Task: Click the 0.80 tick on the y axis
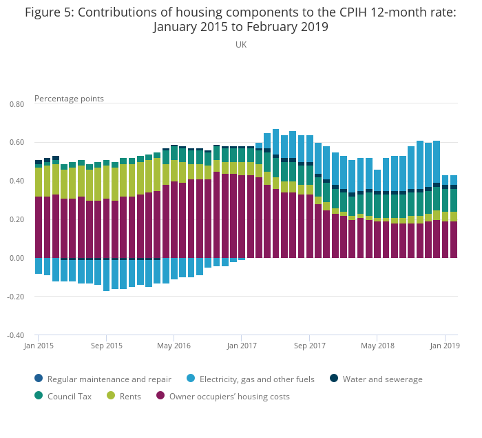coord(16,104)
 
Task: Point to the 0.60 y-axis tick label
coord(16,143)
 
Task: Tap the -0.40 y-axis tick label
coord(15,336)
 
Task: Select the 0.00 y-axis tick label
coord(16,259)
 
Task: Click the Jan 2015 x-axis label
coord(39,346)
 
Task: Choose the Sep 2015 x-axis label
coord(107,346)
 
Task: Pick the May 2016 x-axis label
coord(174,346)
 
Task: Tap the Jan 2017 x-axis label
coord(242,346)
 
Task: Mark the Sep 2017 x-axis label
coord(309,346)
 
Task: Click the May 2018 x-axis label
coord(377,346)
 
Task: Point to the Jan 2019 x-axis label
coord(445,346)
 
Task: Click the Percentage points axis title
coord(69,99)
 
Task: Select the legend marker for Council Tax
coord(39,397)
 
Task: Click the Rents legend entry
coord(129,397)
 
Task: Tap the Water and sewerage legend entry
coord(382,379)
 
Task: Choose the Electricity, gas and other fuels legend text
coord(257,379)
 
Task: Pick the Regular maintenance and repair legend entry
coord(109,379)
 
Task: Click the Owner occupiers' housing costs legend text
coord(229,397)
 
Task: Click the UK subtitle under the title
coord(241,45)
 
